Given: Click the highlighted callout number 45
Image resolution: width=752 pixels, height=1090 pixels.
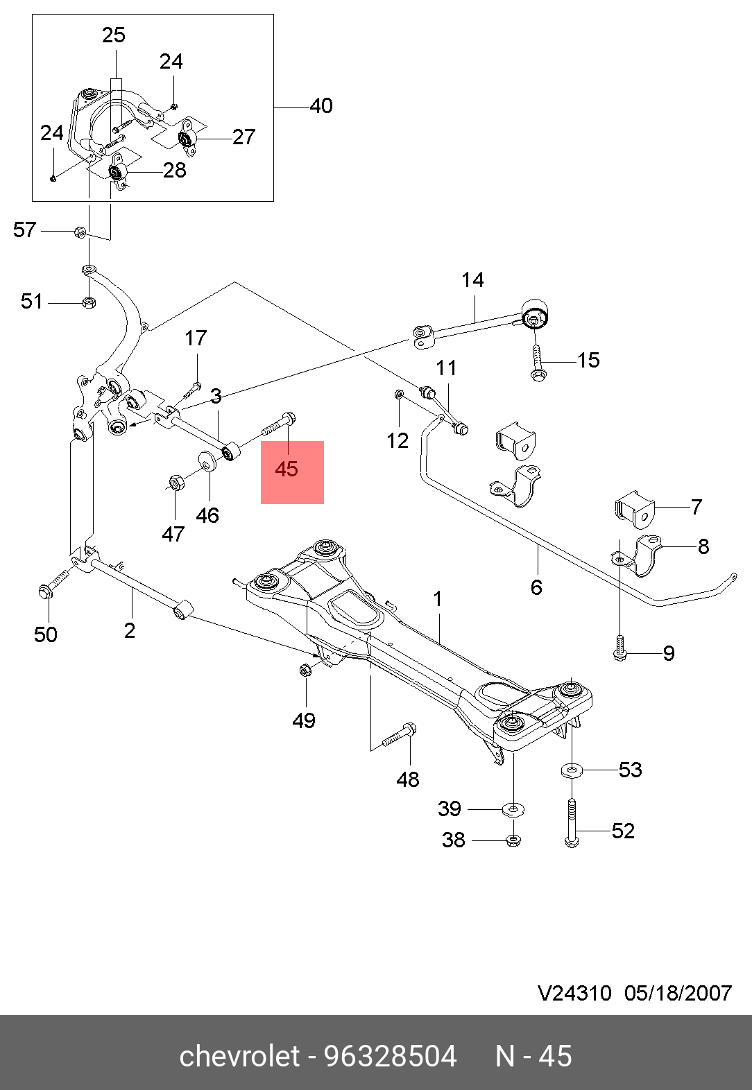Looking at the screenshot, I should (x=287, y=469).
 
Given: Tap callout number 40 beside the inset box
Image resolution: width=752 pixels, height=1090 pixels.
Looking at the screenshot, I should (x=321, y=106).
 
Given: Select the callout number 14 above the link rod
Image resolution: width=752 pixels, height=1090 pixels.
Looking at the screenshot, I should (x=472, y=280).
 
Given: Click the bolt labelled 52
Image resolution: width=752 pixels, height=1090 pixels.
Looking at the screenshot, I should (x=572, y=823).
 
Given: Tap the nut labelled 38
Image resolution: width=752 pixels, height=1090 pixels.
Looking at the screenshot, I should (x=513, y=840).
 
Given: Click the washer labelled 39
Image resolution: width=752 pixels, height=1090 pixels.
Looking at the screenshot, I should (x=513, y=808).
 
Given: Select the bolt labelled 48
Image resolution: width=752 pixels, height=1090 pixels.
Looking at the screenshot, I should (x=400, y=736).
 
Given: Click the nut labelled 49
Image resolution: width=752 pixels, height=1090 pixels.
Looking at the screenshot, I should (x=305, y=670).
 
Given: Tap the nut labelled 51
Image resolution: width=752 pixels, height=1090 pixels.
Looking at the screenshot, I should (x=88, y=302).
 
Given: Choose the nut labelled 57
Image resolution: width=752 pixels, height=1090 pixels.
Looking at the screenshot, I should (x=80, y=232).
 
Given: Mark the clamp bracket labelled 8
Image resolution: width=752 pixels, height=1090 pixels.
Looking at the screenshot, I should (x=639, y=556).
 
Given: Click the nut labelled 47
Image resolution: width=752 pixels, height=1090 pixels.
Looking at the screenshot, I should (x=177, y=481).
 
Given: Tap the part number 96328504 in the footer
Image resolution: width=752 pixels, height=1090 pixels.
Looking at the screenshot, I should (x=391, y=1057).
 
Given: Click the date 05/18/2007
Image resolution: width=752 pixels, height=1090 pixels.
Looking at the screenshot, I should (x=678, y=994).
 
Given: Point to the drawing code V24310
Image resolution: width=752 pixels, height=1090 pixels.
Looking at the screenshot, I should (x=574, y=994).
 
